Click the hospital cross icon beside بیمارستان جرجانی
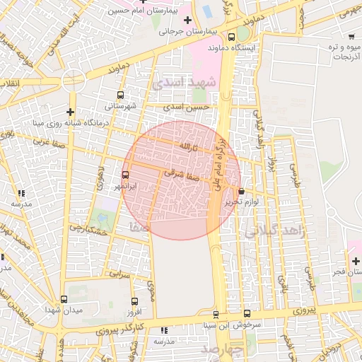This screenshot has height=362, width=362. tap(187, 19)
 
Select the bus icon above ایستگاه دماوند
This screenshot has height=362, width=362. tap(232, 37)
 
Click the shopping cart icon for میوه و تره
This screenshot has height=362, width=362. tap(351, 35)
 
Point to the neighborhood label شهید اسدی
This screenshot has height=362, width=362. tap(177, 82)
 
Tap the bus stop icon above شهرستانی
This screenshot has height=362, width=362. tap(120, 95)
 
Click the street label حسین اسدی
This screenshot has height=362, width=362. tap(187, 107)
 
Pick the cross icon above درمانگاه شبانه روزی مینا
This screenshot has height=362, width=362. tap(70, 111)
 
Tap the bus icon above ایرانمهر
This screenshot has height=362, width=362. tap(126, 175)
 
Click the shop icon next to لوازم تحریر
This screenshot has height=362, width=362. tap(242, 190)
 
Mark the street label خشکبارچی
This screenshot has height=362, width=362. tap(88, 229)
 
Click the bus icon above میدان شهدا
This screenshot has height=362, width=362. tap(64, 299)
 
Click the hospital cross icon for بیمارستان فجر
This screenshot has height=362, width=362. tap(356, 261)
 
